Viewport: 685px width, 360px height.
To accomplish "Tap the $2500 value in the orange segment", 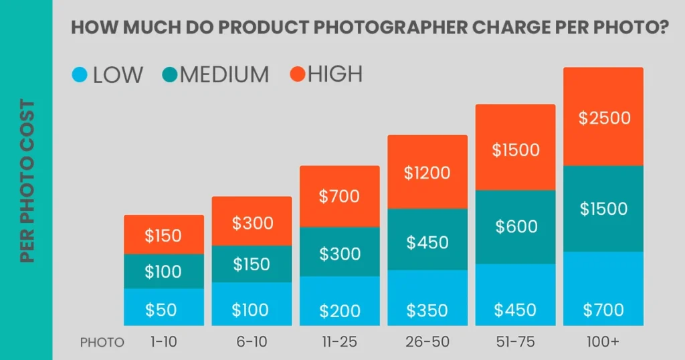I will coord(604,118).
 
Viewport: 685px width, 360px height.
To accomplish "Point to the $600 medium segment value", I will coord(516,226).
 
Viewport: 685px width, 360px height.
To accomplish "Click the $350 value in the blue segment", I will coord(427,310).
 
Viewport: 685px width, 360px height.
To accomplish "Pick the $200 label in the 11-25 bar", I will coord(339,310).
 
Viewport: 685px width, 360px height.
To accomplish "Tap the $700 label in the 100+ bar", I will coord(603,310).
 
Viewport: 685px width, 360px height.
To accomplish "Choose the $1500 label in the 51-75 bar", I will coord(516,150).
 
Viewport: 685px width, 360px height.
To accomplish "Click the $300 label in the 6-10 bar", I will coord(252,223).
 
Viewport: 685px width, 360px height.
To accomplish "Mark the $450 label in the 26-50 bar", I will coord(427,242).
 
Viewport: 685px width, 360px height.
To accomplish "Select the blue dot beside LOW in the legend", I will coord(80,74).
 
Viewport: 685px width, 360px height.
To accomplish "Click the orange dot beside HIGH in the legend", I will coord(296,74).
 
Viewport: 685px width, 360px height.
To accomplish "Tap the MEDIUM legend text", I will coord(224,74).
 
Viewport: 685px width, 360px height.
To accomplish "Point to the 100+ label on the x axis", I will coord(603,342).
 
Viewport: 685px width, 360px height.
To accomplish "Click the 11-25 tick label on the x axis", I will coord(339,342).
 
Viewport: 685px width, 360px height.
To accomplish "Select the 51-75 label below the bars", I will coord(516,342).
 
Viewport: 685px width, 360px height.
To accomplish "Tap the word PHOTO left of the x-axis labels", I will coord(102,343).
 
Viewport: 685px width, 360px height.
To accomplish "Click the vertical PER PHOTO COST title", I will coord(27,181).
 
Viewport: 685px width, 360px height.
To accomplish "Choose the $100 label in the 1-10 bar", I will coord(163,272).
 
